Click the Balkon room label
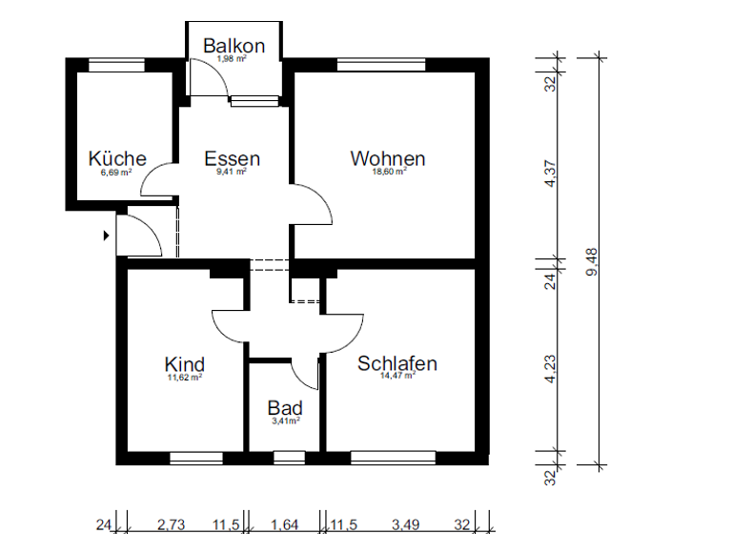(x=234, y=46)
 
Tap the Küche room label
(x=117, y=158)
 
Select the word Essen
(x=232, y=158)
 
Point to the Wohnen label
(x=388, y=158)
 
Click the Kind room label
(x=184, y=364)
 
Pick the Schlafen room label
(x=397, y=363)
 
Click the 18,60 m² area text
(x=389, y=173)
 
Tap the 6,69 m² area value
(x=117, y=173)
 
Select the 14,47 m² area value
(x=397, y=377)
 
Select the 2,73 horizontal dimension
(x=171, y=523)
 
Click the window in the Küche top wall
(x=116, y=65)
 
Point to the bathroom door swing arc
(x=304, y=373)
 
